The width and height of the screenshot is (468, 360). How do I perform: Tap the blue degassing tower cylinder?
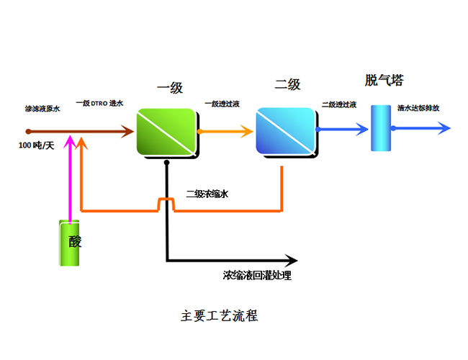pyautogui.click(x=380, y=127)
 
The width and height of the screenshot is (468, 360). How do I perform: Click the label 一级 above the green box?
pyautogui.click(x=170, y=88)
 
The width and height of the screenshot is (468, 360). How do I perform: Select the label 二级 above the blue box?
pyautogui.click(x=287, y=85)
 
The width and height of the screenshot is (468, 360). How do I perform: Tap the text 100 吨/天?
pyautogui.click(x=37, y=145)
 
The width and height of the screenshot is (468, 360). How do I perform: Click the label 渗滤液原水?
pyautogui.click(x=42, y=109)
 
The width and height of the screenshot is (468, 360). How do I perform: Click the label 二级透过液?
pyautogui.click(x=339, y=105)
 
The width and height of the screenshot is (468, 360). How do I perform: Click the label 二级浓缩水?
pyautogui.click(x=207, y=194)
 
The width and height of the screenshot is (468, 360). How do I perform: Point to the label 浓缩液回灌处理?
pyautogui.click(x=258, y=275)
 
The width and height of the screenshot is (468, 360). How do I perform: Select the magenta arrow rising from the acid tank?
pyautogui.click(x=70, y=180)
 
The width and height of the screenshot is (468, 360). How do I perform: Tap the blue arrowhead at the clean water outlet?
pyautogui.click(x=444, y=129)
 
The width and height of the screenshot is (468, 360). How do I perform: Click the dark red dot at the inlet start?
pyautogui.click(x=28, y=131)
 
